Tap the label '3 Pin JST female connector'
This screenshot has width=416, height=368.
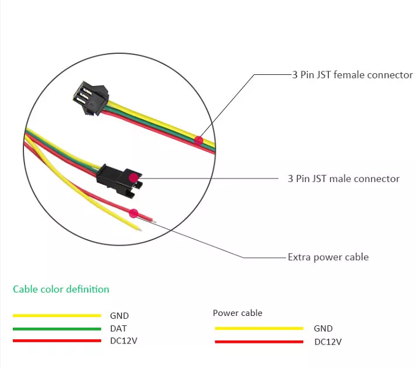[352, 75]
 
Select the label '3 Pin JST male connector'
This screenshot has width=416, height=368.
[343, 178]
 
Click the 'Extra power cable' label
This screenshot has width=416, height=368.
[328, 257]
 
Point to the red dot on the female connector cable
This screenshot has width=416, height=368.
[199, 140]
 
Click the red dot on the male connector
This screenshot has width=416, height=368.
[133, 177]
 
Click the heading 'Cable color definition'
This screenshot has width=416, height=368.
[61, 289]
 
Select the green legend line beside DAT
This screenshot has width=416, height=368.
[57, 329]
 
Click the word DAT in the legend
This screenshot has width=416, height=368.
[118, 329]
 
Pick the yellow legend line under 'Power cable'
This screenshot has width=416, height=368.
[259, 328]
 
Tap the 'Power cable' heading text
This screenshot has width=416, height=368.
[238, 313]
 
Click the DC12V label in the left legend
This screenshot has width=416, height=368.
[123, 341]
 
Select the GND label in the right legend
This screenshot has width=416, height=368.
[323, 329]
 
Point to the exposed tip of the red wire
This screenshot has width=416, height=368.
[153, 221]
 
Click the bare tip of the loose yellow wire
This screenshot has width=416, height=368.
[139, 230]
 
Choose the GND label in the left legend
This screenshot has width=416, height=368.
[119, 316]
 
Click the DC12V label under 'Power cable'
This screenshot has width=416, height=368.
[328, 342]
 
